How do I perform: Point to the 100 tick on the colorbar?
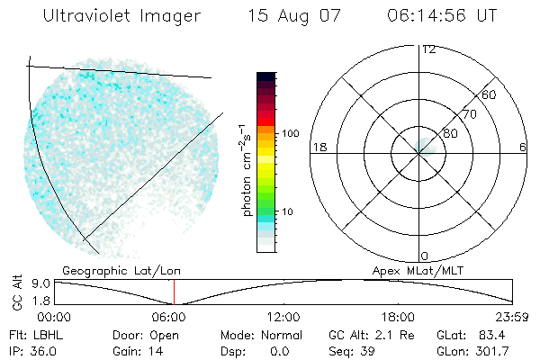290,133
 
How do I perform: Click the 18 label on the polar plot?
318,147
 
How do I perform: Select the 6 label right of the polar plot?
523,147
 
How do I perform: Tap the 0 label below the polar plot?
425,256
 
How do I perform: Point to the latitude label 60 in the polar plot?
490,94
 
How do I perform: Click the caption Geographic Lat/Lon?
109,270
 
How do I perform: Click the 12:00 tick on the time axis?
283,317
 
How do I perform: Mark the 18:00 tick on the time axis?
398,317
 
